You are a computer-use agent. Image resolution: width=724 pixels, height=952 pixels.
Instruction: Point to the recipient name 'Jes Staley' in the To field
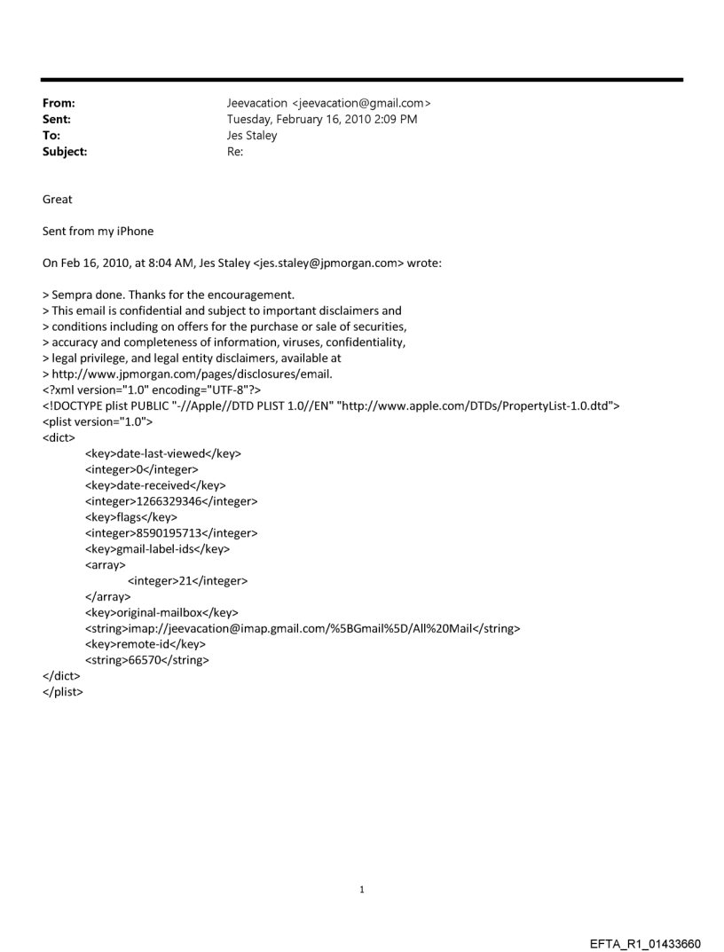[x=254, y=136]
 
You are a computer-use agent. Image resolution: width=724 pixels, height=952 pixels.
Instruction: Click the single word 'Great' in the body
[x=58, y=200]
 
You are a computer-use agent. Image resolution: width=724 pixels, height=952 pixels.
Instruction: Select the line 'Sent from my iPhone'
[x=98, y=232]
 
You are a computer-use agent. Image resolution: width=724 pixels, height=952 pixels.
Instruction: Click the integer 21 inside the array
[x=186, y=581]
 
